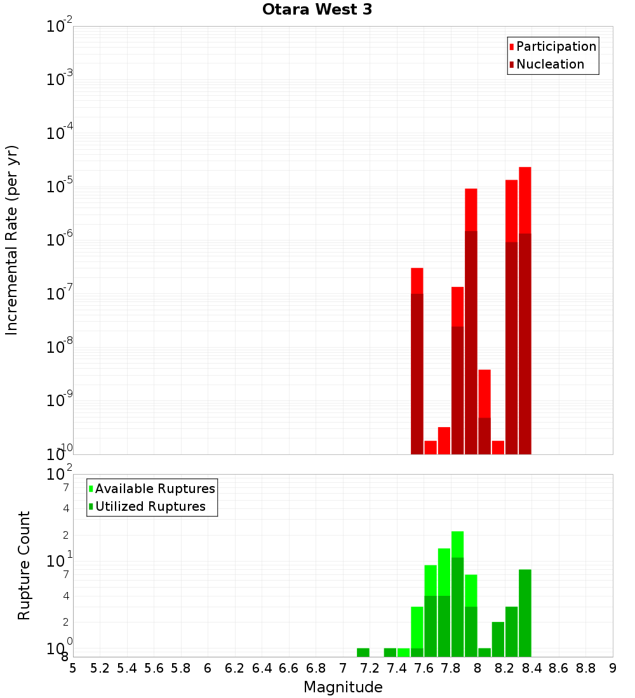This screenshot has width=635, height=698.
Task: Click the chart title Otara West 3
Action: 317,10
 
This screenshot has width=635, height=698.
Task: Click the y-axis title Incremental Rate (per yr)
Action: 12,240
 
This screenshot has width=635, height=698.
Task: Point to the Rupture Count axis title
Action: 24,565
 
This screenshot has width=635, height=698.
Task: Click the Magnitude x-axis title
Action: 343,687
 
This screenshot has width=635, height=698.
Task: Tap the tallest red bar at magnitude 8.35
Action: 525,311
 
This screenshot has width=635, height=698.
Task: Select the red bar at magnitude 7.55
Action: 417,361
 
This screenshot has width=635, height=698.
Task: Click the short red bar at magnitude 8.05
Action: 485,412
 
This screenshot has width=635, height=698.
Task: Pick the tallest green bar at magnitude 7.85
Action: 457,594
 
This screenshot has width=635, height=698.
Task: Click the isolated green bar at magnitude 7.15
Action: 363,652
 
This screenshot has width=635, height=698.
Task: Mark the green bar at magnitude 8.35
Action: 525,613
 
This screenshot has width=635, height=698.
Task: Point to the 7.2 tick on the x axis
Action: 370,668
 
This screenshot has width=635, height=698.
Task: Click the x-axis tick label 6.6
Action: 289,668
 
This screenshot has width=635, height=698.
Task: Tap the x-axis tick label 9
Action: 613,668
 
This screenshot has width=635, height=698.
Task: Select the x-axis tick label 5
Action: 73,668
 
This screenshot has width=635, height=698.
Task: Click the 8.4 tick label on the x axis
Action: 531,668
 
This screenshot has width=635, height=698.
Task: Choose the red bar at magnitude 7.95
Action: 471,321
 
